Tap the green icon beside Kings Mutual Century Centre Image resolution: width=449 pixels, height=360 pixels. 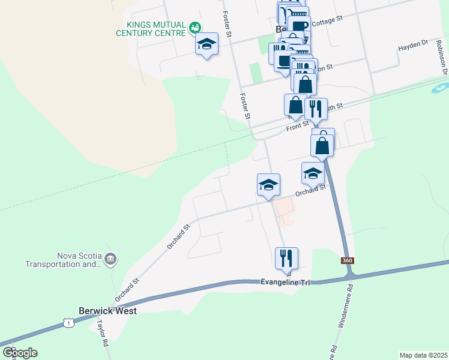(x=194, y=28)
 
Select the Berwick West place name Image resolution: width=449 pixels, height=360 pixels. (x=108, y=311)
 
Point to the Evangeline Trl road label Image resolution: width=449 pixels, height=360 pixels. (x=285, y=282)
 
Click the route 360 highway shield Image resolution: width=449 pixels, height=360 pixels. (x=347, y=260)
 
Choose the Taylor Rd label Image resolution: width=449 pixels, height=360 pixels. (x=102, y=334)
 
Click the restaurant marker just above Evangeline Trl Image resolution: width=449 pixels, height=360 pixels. (x=286, y=258)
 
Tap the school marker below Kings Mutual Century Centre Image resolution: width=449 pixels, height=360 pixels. (x=206, y=44)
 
